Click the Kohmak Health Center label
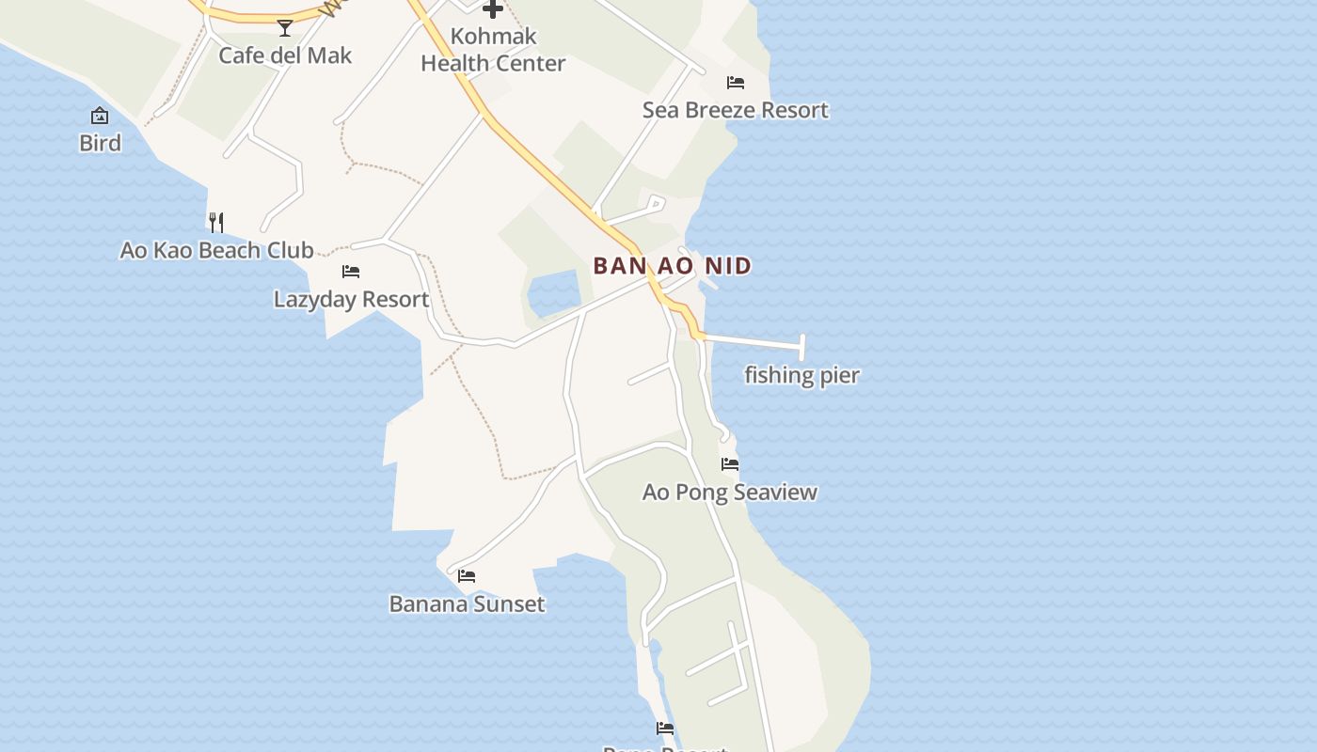493,50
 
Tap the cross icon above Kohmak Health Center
492,9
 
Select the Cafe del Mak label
285,55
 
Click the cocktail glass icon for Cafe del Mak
285,28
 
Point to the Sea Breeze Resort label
735,110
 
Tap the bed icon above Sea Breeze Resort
736,83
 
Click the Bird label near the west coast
100,143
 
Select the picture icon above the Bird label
100,116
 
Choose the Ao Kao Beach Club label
216,250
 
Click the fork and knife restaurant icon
216,222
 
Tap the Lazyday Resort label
351,299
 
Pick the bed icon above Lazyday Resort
351,272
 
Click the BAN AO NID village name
673,266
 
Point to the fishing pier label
801,375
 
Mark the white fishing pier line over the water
753,341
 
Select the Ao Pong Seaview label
729,492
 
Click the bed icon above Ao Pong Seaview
730,464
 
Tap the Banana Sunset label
467,603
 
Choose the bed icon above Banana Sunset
467,576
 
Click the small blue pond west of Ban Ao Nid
553,293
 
